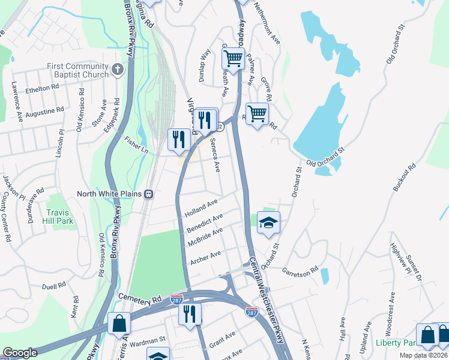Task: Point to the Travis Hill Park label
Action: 62,217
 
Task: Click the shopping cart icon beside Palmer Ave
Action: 233,59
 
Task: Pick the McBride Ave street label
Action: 205,236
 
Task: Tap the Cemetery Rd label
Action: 141,298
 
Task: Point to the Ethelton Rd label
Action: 42,87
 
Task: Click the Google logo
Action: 20,353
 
